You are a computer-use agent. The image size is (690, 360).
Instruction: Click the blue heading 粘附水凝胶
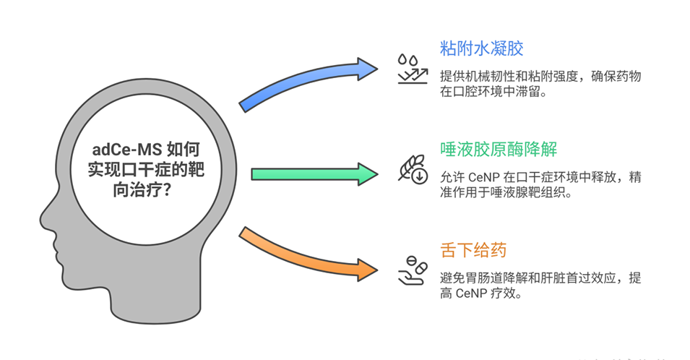pyautogui.click(x=481, y=49)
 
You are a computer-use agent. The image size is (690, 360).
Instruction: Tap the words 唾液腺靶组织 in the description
pyautogui.click(x=553, y=194)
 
